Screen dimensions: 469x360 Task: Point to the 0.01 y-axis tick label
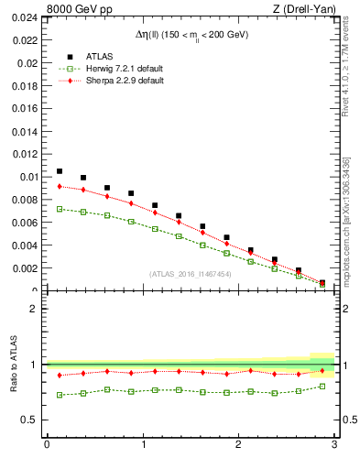pyautogui.click(x=28, y=177)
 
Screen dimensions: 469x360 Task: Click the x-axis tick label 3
pyautogui.click(x=335, y=445)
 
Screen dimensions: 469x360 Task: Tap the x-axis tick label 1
pyautogui.click(x=143, y=445)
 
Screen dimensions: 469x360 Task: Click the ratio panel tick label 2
pyautogui.click(x=34, y=309)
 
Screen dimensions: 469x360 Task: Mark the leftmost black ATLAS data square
pyautogui.click(x=60, y=171)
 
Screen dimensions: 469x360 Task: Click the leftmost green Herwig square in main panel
pyautogui.click(x=60, y=209)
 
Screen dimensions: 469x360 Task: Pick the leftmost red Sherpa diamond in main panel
pyautogui.click(x=60, y=186)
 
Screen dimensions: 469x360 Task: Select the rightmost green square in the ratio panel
pyautogui.click(x=322, y=387)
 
